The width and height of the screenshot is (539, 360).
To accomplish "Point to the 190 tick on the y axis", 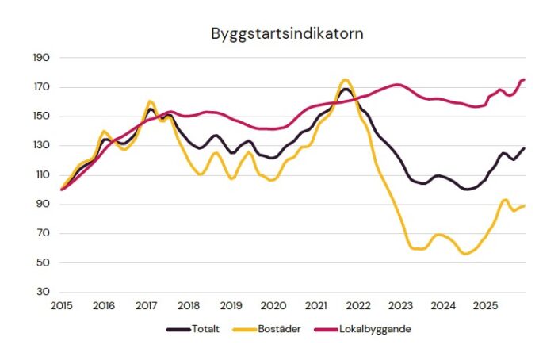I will [41, 58].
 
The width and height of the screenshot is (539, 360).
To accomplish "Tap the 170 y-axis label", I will [41, 87].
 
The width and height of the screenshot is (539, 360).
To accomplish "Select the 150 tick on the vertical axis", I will [41, 117].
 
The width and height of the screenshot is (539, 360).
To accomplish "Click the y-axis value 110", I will [41, 175].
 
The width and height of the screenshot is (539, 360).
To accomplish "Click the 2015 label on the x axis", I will [61, 305].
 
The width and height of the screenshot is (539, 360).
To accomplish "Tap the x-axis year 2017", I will [146, 305].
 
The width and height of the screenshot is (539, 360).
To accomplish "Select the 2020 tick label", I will [273, 305].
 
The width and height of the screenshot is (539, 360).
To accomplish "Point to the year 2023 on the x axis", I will [400, 305].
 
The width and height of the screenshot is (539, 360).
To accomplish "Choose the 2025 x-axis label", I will [485, 305].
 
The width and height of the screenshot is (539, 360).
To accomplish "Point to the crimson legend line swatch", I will [323, 328].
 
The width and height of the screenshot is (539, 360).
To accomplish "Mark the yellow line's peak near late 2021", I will [345, 79].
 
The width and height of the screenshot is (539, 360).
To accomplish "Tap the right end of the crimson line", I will [524, 79].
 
